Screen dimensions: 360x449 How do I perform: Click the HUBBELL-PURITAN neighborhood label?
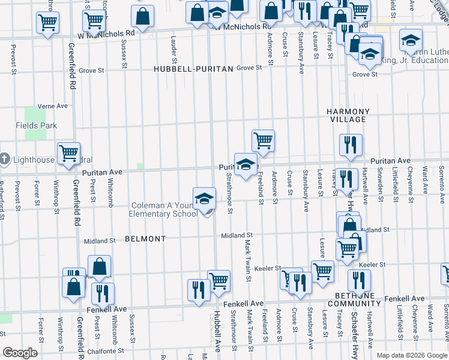(x=193, y=70)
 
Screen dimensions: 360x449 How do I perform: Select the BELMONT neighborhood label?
(x=145, y=239)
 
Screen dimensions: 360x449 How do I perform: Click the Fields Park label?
(x=36, y=125)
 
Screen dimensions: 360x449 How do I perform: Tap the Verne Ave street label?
(x=52, y=106)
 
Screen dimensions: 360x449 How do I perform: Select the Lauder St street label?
(x=174, y=52)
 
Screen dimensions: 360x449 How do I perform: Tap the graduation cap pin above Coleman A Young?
(x=204, y=199)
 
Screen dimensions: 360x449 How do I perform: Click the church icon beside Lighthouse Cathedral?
(x=5, y=159)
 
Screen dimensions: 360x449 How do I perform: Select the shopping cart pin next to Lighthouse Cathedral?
(x=69, y=153)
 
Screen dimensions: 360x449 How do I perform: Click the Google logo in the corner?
(x=20, y=352)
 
